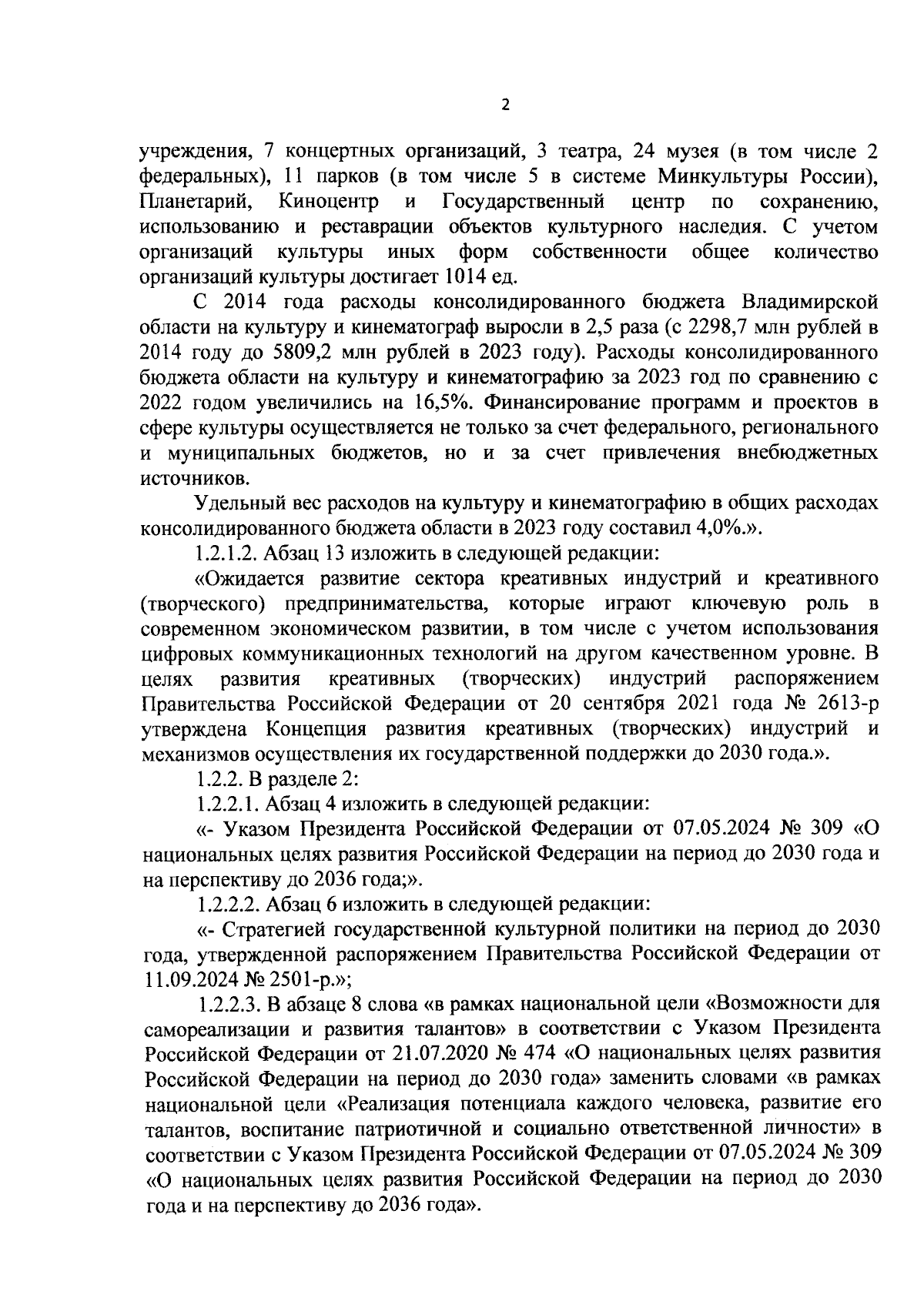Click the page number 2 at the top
505,105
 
